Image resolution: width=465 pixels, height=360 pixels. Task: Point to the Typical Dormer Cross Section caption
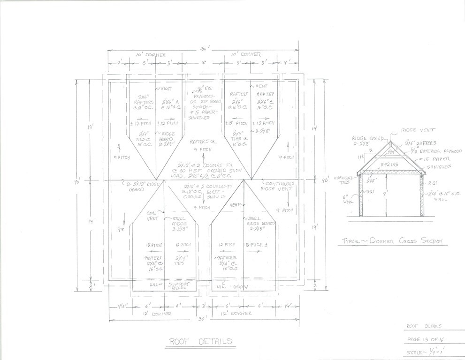tap(392, 241)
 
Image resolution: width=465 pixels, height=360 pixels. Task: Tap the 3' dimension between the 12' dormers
tap(204, 306)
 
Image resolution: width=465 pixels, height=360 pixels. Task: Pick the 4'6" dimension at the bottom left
tap(121, 306)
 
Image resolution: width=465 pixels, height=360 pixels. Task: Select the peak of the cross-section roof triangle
tap(389, 142)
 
